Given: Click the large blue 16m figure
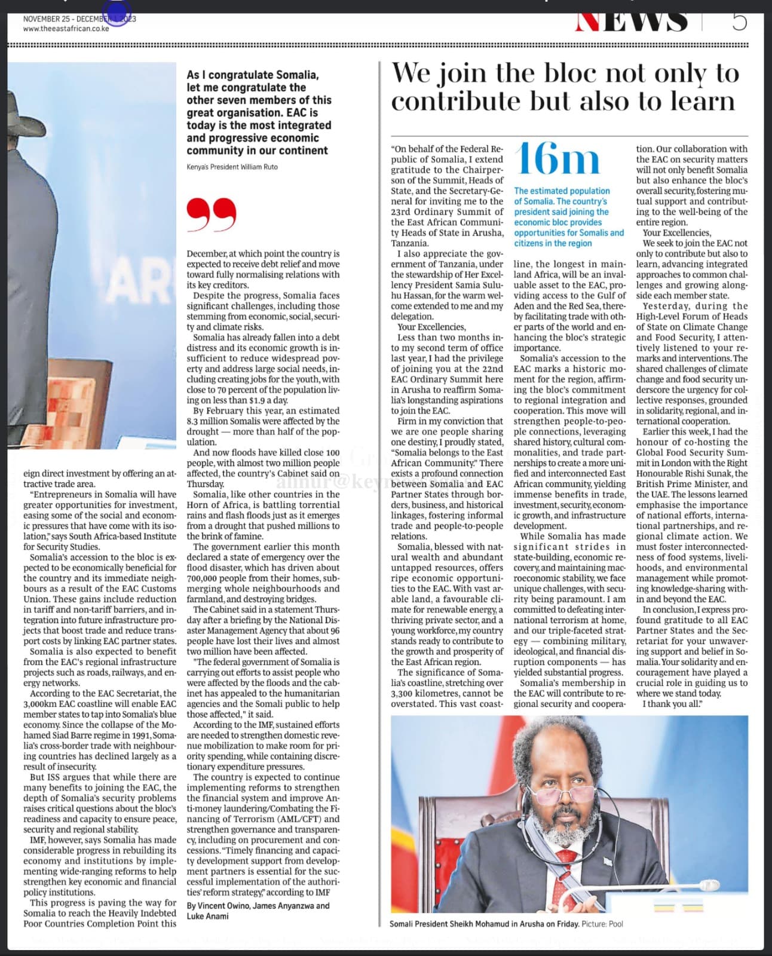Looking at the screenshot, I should pos(557,160).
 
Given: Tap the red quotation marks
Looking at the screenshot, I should pos(211,215).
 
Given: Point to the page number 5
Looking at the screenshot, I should pos(739,22).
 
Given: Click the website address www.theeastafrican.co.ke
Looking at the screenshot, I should pos(66,28).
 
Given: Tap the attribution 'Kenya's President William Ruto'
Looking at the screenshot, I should pos(232,167).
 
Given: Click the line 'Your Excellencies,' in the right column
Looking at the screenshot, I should pos(669,233).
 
